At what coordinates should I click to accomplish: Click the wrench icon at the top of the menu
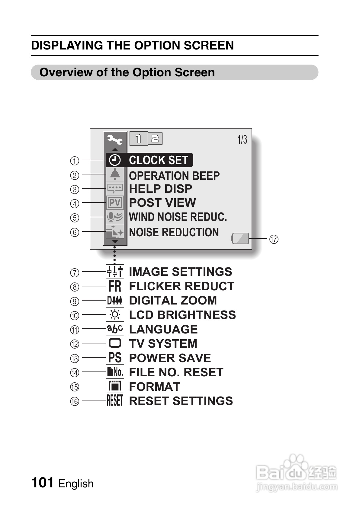(x=115, y=140)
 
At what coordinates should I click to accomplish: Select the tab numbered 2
(x=155, y=139)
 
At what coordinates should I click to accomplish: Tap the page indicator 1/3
(x=242, y=140)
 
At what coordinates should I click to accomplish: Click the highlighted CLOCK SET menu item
(x=150, y=160)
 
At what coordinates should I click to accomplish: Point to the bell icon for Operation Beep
(x=115, y=174)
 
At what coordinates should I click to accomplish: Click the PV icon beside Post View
(x=115, y=203)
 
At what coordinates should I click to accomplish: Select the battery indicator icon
(x=240, y=238)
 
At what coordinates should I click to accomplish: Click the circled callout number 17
(x=274, y=239)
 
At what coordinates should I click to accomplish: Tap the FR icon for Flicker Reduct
(x=115, y=286)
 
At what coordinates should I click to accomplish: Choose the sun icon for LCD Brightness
(x=115, y=315)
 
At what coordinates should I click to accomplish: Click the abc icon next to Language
(x=115, y=329)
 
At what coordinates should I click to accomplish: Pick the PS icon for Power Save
(x=115, y=358)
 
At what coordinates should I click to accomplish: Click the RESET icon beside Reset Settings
(x=115, y=401)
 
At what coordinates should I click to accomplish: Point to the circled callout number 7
(x=75, y=273)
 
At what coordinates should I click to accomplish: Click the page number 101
(x=42, y=482)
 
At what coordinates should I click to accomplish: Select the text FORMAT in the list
(x=155, y=387)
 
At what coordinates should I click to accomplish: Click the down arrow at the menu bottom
(x=115, y=241)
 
